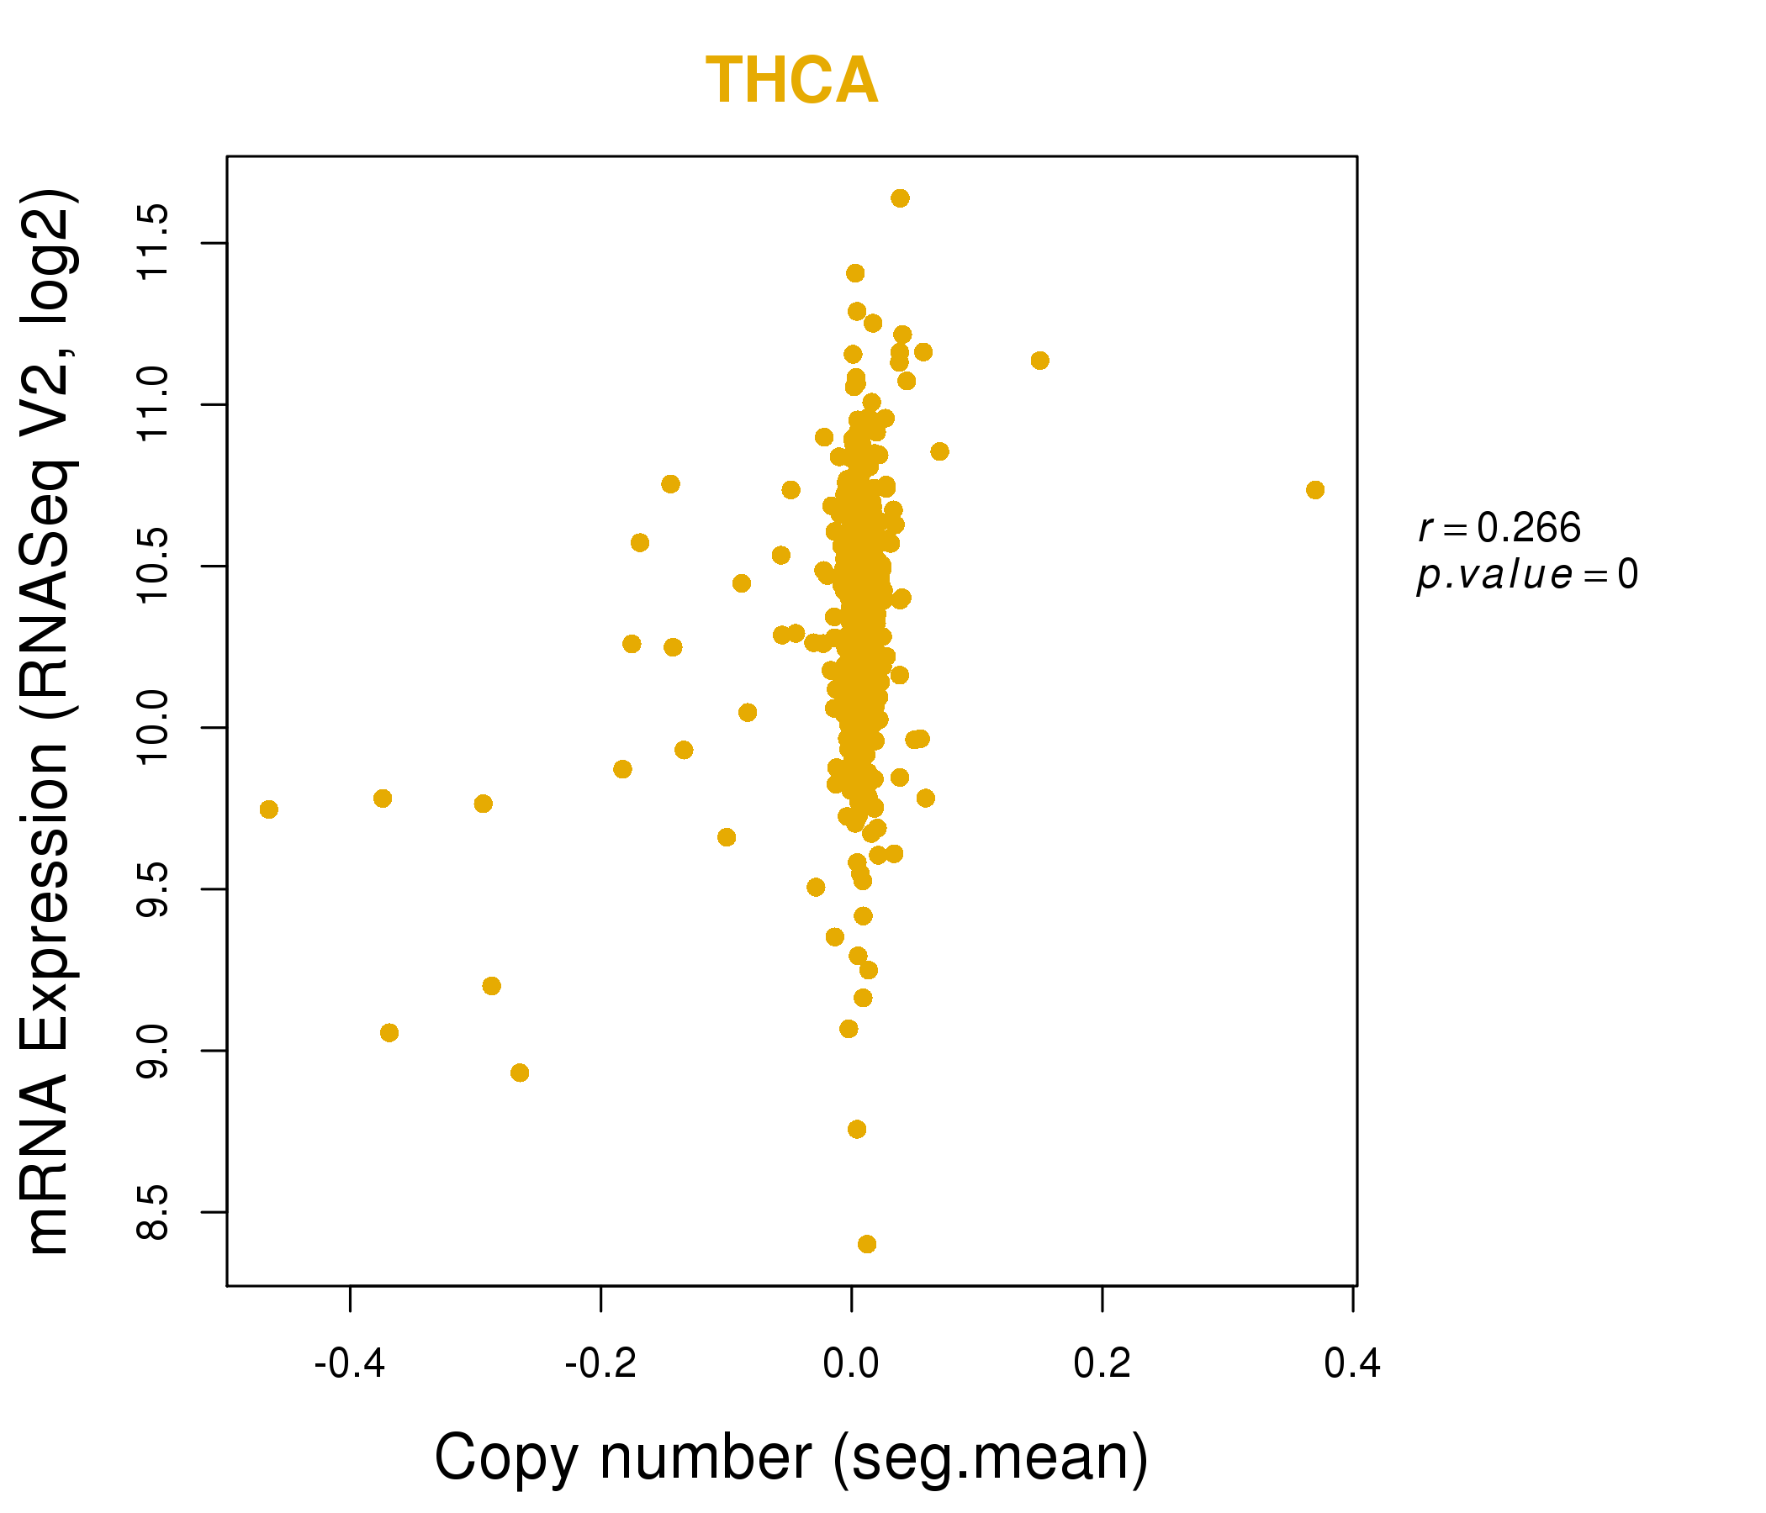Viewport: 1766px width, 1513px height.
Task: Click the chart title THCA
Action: point(792,81)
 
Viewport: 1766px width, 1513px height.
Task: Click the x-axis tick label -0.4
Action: point(350,1363)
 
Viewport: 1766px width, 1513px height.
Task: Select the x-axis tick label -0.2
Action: point(600,1363)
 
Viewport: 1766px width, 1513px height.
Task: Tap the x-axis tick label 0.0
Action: point(850,1363)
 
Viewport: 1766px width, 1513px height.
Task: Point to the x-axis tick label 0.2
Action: point(1102,1363)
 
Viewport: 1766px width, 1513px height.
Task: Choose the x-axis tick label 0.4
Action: point(1351,1363)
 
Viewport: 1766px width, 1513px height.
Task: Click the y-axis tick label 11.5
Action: point(153,243)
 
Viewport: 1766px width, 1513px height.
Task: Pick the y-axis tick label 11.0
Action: point(153,403)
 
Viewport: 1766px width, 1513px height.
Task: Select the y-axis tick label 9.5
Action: point(153,888)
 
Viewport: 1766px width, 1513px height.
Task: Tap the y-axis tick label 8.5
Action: point(153,1211)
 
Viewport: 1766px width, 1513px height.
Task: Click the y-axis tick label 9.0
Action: point(153,1051)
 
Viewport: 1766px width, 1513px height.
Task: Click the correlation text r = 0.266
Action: point(1499,528)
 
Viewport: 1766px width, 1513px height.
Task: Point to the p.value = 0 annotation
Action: point(1526,575)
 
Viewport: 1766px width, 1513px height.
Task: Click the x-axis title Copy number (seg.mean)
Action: point(791,1458)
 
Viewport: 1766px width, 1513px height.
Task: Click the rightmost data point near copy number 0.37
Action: point(1315,490)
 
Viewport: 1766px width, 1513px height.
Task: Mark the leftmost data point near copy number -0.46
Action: point(268,809)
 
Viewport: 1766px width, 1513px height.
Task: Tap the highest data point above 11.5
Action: point(900,198)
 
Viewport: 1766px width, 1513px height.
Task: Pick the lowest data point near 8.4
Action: point(867,1245)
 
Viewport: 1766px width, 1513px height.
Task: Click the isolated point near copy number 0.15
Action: point(1039,361)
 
